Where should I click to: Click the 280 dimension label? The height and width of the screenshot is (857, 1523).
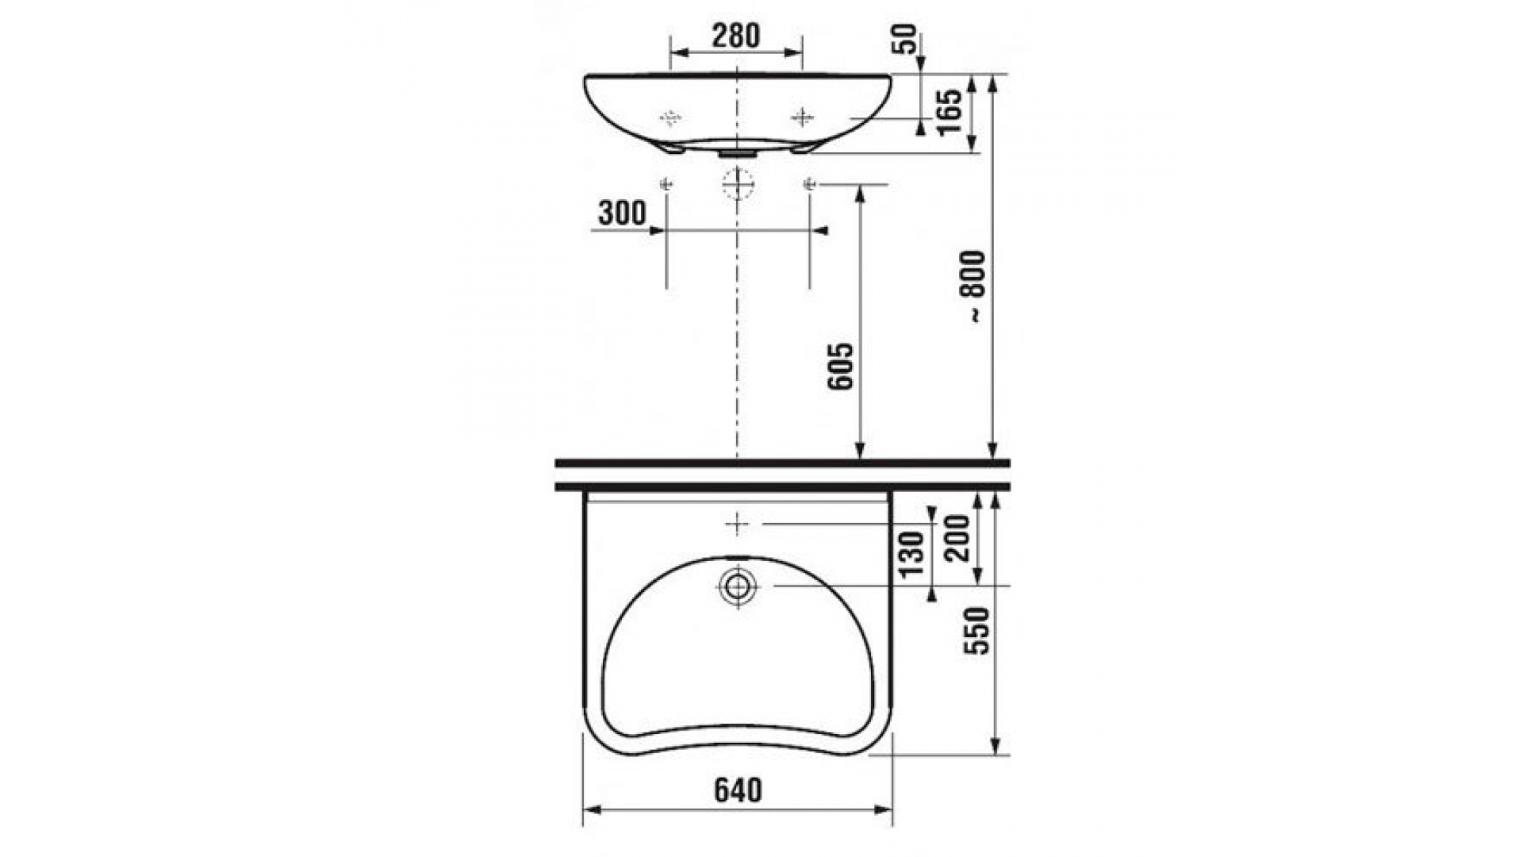[x=735, y=36]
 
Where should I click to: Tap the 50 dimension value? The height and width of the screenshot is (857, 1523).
[x=906, y=39]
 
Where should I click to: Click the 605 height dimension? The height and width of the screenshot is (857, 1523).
[x=840, y=367]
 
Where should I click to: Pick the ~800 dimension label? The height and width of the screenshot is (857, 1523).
[x=975, y=286]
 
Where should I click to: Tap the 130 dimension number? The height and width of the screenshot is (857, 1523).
[x=912, y=553]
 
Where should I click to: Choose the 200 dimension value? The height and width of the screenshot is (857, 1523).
[x=957, y=537]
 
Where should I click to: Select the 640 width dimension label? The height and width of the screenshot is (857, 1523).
[x=738, y=790]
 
